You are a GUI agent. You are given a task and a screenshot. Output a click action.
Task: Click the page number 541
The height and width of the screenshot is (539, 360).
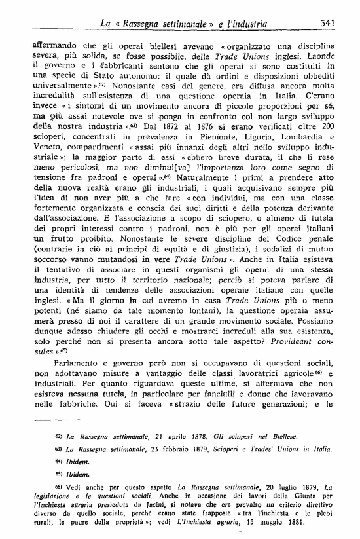[328, 24]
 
